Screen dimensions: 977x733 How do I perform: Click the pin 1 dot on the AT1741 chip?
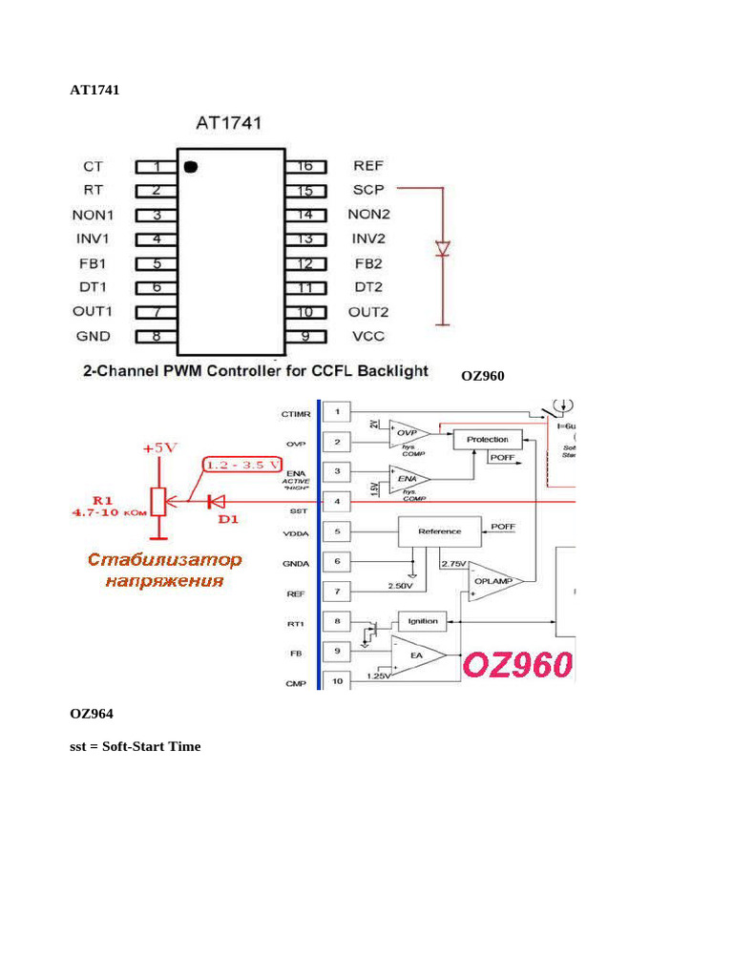point(190,167)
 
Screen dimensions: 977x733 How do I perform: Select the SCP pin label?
point(367,190)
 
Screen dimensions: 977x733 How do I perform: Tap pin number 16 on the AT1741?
point(305,166)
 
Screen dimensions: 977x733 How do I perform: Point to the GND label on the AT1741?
point(94,336)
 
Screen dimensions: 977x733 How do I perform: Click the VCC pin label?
point(368,336)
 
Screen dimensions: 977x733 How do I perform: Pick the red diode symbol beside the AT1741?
point(443,249)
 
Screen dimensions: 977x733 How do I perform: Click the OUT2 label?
point(371,312)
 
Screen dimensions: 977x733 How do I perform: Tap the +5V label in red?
point(159,447)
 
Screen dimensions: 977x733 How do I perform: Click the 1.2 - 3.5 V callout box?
point(243,466)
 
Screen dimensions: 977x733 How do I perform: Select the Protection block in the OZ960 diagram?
point(487,439)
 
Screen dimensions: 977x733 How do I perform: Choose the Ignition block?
point(422,621)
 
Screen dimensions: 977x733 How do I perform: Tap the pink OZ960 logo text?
point(519,666)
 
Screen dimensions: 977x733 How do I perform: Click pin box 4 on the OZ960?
point(336,501)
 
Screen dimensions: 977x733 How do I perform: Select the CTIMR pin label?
point(296,414)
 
